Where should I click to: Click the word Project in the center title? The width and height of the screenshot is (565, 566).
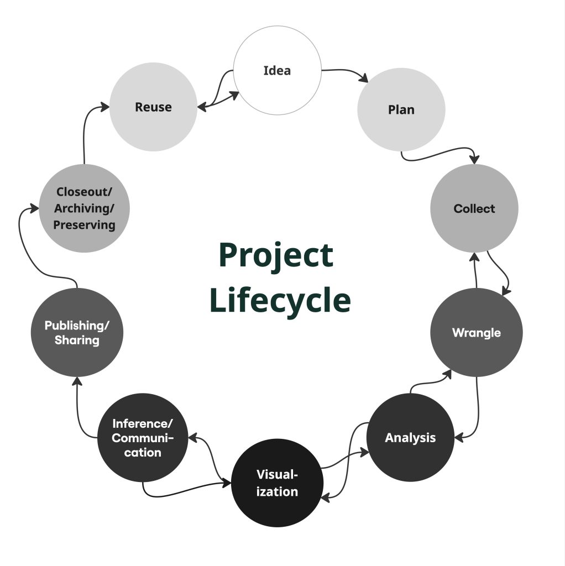(276, 255)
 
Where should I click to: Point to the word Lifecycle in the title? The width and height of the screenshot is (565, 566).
(280, 300)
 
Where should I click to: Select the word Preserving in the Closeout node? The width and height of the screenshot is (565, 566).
(85, 225)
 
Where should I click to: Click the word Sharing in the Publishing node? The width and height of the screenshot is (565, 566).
(77, 340)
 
